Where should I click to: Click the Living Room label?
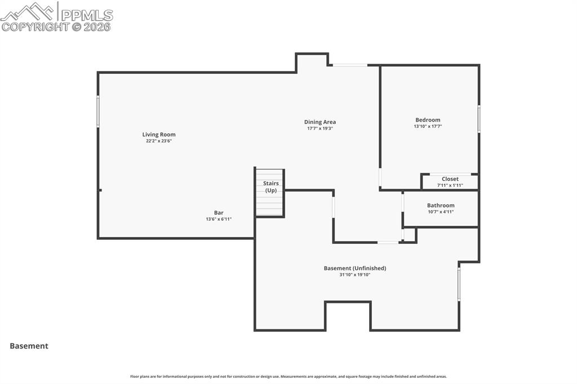159,135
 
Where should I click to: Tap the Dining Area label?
320,122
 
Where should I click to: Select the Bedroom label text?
428,120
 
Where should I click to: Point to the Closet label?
450,179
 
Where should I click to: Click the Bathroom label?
441,206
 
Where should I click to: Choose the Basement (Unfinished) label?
354,268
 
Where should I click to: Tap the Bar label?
219,213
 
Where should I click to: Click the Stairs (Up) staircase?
270,193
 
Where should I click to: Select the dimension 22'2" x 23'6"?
159,141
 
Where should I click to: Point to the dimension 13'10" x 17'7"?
428,127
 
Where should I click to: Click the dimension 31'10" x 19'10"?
354,275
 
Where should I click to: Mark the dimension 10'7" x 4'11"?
441,212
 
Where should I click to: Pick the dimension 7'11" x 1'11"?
450,185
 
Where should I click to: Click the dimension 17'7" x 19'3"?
320,128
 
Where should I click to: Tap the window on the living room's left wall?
98,111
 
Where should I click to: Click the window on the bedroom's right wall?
479,119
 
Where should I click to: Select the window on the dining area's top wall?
350,65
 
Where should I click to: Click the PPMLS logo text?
87,15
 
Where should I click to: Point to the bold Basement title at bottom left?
29,346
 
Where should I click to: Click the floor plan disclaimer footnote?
288,377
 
